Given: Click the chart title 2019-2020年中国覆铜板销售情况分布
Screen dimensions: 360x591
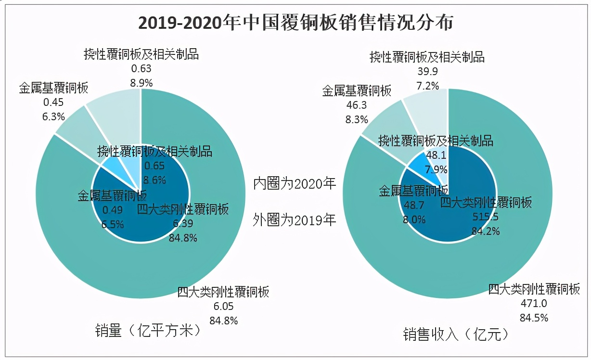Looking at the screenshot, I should [x=295, y=23].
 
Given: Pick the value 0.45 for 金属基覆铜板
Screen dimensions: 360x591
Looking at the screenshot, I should [x=53, y=102].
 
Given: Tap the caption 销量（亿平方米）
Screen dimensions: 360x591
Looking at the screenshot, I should [x=147, y=331].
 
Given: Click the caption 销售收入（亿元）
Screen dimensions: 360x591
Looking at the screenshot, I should [x=455, y=334].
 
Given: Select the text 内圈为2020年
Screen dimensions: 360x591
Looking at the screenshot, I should [x=295, y=184].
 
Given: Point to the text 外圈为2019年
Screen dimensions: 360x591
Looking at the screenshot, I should [x=295, y=220].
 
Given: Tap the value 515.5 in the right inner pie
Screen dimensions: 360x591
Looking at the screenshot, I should [x=485, y=217].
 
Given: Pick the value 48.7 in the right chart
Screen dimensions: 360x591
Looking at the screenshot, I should [x=413, y=206].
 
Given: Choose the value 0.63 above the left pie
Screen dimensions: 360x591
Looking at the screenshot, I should [x=141, y=68].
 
